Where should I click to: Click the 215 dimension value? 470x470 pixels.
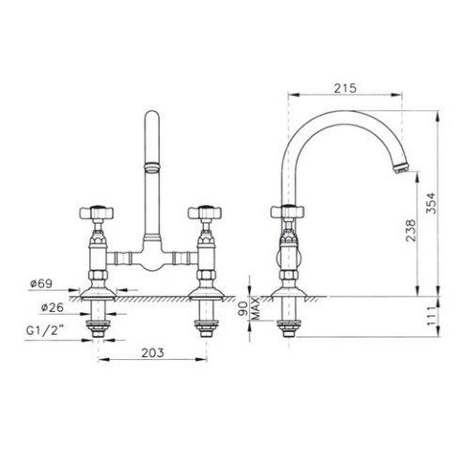click(345, 88)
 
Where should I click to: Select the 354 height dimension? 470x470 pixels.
click(431, 203)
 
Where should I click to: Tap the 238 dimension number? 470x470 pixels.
click(411, 230)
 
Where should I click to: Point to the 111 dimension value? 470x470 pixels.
click(431, 316)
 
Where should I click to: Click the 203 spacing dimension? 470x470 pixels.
click(152, 352)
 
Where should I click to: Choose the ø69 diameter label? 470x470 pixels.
click(41, 284)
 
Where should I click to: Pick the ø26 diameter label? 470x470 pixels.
click(52, 307)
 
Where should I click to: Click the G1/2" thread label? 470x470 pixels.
click(45, 331)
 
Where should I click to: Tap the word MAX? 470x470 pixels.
click(256, 308)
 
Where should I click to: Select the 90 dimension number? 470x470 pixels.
click(243, 309)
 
